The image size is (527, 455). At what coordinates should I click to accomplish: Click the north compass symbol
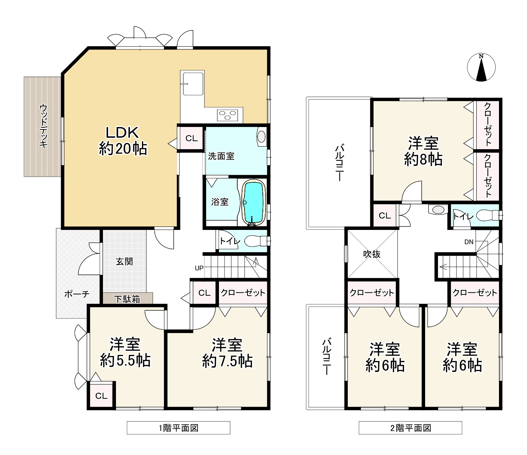click(481, 68)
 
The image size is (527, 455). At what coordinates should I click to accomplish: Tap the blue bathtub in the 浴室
click(254, 203)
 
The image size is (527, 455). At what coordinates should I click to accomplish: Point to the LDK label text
click(122, 133)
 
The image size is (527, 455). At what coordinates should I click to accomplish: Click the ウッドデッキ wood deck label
click(44, 126)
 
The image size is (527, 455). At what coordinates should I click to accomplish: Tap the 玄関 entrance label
click(124, 262)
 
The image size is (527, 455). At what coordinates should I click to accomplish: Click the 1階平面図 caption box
click(179, 428)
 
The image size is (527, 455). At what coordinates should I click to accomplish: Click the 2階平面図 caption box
click(410, 428)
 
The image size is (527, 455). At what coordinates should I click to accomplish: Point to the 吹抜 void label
click(372, 254)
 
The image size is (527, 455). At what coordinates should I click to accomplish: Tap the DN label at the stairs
click(469, 242)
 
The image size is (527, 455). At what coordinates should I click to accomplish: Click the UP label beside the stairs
click(199, 268)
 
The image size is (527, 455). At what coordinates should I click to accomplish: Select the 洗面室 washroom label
click(221, 156)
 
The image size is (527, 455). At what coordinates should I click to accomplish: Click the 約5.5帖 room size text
click(125, 360)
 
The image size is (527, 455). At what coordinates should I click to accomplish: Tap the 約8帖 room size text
click(423, 159)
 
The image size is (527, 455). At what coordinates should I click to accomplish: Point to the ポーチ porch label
click(77, 294)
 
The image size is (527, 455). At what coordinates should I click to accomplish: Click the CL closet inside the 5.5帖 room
click(101, 396)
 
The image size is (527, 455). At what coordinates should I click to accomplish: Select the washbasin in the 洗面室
click(261, 137)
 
